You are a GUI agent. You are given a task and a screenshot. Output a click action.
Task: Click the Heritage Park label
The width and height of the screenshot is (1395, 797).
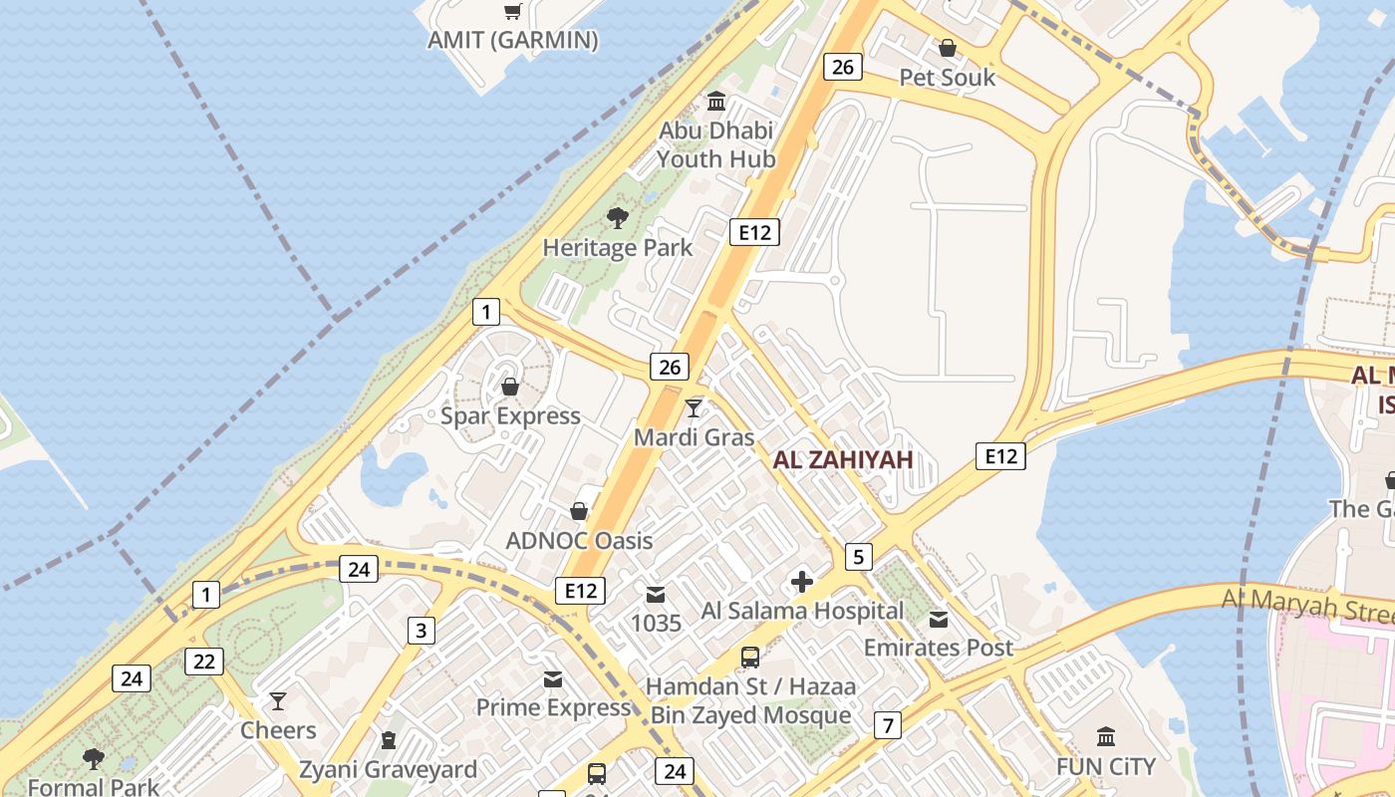click(617, 247)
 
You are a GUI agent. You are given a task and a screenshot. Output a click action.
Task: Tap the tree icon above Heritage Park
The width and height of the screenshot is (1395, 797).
click(618, 217)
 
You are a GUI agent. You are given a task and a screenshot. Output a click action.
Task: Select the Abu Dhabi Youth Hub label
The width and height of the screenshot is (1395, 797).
click(715, 144)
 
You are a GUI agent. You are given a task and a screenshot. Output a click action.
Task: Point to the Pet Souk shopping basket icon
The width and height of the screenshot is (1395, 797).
click(947, 48)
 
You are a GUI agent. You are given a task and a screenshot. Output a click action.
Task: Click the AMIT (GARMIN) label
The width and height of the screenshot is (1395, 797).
click(512, 40)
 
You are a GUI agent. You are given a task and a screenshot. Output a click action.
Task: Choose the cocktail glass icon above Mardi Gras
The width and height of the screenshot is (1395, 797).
click(694, 407)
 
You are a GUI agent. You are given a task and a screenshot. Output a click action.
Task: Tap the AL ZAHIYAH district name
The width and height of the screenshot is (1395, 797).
click(843, 459)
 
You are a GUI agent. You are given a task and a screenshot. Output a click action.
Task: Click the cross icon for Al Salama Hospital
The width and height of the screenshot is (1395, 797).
click(802, 581)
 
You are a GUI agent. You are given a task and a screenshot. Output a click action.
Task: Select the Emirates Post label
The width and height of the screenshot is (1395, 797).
click(938, 648)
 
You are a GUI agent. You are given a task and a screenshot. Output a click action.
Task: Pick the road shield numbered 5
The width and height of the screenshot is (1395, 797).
click(858, 556)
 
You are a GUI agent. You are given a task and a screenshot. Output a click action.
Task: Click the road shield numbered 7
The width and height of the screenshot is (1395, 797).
click(888, 725)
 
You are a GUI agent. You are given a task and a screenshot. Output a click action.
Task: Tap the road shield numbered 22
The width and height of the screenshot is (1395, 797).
click(204, 661)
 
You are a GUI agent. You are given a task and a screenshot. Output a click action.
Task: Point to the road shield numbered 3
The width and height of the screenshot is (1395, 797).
click(421, 630)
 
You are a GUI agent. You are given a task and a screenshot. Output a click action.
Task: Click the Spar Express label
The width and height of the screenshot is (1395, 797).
click(510, 415)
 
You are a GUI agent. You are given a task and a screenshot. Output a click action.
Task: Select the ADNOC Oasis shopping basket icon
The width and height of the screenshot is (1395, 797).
click(578, 511)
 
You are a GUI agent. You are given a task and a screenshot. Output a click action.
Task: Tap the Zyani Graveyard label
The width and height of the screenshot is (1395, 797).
click(388, 769)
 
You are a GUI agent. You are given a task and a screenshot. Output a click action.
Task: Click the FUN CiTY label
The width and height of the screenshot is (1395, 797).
click(1106, 767)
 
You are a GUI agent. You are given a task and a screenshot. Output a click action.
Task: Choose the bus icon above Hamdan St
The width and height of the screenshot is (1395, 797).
click(750, 658)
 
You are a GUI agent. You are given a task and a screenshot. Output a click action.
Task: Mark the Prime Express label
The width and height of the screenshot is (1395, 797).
click(553, 707)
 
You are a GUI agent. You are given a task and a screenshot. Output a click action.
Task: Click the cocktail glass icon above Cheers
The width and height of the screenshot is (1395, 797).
click(278, 701)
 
